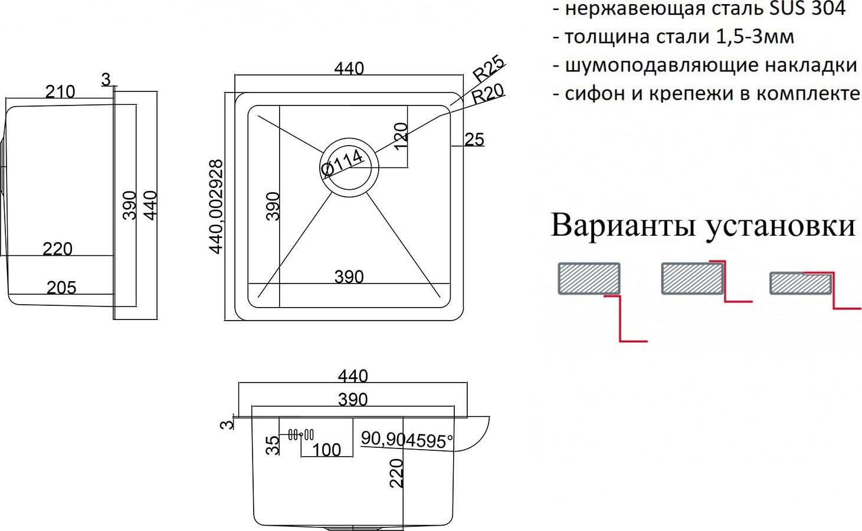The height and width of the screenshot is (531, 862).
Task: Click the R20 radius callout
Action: (x=488, y=94)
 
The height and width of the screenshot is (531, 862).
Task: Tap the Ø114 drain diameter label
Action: (x=342, y=162)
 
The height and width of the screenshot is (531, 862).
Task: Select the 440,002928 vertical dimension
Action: (x=216, y=206)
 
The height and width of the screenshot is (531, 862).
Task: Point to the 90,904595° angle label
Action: (x=407, y=439)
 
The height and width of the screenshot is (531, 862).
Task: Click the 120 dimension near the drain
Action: (x=401, y=136)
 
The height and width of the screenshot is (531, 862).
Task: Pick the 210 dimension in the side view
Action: (x=60, y=91)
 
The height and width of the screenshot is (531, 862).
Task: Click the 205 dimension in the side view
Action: (x=61, y=288)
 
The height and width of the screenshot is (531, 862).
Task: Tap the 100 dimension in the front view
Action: (x=326, y=450)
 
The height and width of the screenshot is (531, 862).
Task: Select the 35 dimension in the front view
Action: (x=273, y=445)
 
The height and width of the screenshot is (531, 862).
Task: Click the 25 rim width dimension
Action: (x=474, y=140)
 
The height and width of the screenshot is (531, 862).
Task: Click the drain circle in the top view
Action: (x=349, y=168)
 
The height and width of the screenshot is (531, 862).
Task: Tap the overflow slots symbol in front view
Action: (x=301, y=435)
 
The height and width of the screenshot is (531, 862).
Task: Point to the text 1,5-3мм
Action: (x=755, y=37)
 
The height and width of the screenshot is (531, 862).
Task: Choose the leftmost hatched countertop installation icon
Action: (x=589, y=279)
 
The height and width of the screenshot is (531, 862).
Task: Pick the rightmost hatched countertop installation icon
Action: (x=801, y=284)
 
